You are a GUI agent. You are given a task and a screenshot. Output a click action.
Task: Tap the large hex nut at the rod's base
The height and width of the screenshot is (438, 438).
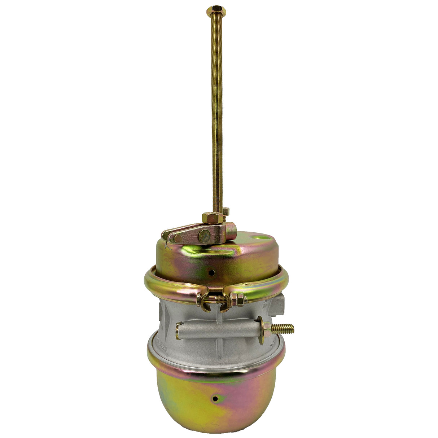209,218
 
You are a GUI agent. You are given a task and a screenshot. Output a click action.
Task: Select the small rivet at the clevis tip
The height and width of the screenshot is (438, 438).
176,238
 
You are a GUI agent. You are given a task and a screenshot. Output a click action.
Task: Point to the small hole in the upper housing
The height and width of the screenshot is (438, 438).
213,272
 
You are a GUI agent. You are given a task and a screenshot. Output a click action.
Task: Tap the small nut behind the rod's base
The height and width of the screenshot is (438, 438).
226,211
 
